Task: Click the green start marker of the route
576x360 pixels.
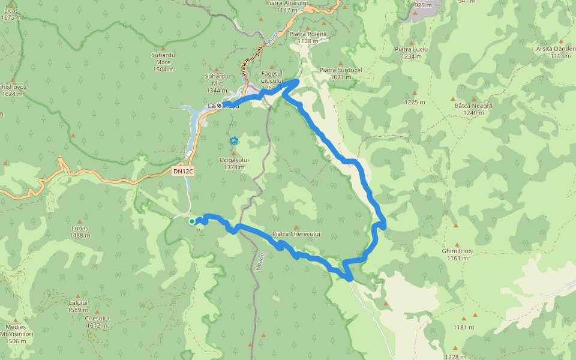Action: (x=192, y=221)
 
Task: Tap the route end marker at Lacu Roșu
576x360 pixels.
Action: (x=220, y=106)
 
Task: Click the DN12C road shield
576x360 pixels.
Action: (x=183, y=172)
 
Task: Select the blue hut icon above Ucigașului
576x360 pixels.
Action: (x=234, y=142)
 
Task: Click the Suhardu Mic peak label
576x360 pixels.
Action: (x=217, y=83)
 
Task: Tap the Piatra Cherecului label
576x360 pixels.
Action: (x=296, y=234)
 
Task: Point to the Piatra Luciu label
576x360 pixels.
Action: (x=409, y=53)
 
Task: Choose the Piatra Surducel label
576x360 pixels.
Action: (x=341, y=73)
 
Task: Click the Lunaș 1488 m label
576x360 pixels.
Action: (x=80, y=232)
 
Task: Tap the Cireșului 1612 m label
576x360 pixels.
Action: (x=97, y=322)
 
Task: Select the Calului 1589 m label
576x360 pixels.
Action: (x=78, y=306)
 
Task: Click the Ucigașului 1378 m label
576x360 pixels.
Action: (x=233, y=163)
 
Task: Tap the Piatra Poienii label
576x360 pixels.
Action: (x=307, y=37)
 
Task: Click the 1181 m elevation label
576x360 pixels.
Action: (x=464, y=328)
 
